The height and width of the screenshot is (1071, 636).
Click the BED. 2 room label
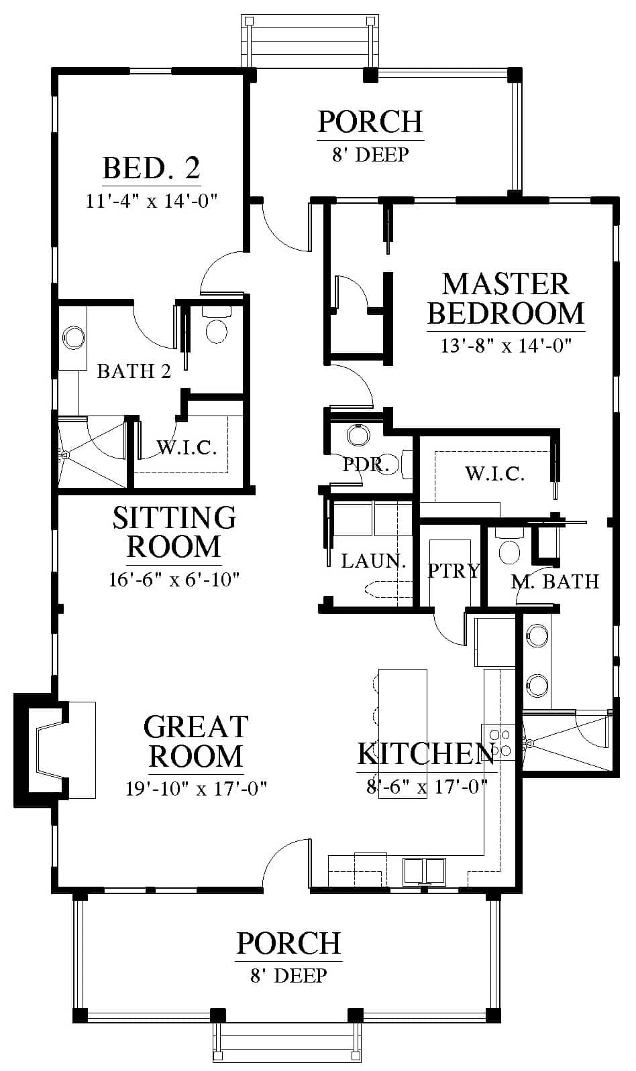151,168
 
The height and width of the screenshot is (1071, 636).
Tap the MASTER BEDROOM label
506,299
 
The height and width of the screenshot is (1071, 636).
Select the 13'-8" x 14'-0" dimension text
506,345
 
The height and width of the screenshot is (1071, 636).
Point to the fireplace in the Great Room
41,750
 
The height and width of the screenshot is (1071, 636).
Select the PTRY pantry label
454,570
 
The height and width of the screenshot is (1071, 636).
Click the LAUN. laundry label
374,561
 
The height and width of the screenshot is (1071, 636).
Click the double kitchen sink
424,870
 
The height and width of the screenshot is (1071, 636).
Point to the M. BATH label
555,582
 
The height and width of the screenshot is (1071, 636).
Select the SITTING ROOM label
174,531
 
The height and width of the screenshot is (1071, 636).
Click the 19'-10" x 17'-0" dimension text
196,788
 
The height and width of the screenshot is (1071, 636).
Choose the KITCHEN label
425,754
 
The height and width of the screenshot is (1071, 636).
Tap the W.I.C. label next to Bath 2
187,448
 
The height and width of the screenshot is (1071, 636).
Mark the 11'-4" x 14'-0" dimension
152,201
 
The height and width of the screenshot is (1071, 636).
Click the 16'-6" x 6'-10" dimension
174,580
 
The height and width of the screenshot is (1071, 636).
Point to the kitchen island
403,734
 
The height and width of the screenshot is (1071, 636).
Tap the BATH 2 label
134,371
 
